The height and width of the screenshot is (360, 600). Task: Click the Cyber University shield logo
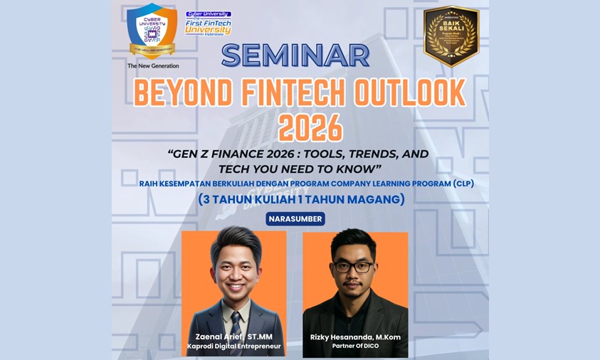point(152,31)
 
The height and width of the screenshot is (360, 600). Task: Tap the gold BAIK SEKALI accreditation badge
point(451,35)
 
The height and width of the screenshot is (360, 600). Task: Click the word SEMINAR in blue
point(295,56)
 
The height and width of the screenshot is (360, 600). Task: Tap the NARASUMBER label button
point(295,218)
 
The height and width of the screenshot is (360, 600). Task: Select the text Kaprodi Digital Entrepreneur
point(234,346)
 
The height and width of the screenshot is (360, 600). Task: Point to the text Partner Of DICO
point(354,346)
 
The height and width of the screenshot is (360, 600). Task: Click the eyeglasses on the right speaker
point(353,268)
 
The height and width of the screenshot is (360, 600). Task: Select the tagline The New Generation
point(153,66)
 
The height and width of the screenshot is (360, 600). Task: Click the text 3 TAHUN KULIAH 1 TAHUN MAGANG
point(301,199)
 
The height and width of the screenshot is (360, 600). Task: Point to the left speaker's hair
point(236,240)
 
